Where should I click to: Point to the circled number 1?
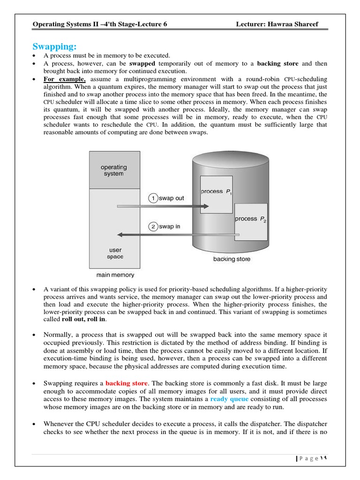coord(153,198)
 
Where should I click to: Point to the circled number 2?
coord(153,226)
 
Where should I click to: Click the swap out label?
coord(172,198)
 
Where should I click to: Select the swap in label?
coord(170,226)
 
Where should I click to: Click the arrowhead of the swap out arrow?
coord(206,206)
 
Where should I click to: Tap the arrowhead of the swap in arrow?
coord(120,234)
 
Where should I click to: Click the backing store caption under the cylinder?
coord(232,259)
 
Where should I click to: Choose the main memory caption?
coord(115,275)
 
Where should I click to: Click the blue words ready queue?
coord(229,399)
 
